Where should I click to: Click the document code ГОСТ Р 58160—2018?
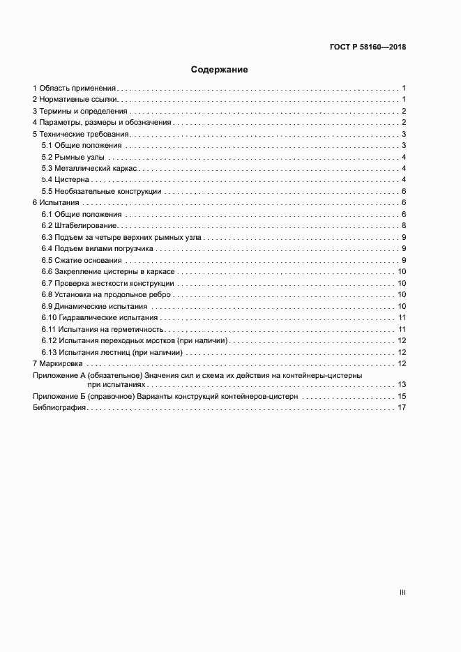click(x=368, y=47)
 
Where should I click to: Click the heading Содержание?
click(x=220, y=70)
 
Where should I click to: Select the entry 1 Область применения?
click(x=75, y=89)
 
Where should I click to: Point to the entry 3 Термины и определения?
click(x=80, y=112)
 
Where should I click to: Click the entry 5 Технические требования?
click(x=81, y=134)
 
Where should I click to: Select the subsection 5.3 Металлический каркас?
click(x=89, y=168)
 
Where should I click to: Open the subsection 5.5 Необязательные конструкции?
click(x=101, y=191)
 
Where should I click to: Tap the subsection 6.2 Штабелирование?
click(x=79, y=226)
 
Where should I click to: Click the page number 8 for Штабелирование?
click(x=404, y=226)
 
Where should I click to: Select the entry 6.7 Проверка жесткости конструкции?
click(x=107, y=283)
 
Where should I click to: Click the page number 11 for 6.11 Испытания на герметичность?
click(x=402, y=329)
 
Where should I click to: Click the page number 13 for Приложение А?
click(x=402, y=384)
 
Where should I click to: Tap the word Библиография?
click(x=59, y=407)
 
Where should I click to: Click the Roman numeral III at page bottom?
click(x=402, y=592)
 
